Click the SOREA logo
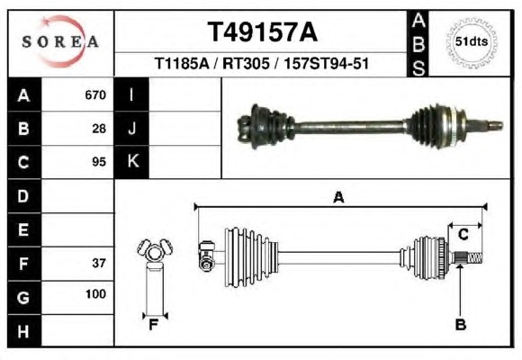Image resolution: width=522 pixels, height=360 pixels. coord(60,41)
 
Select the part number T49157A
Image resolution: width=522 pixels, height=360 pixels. coord(263,32)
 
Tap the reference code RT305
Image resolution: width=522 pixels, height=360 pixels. coord(246,63)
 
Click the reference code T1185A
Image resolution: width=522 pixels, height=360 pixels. coord(182,63)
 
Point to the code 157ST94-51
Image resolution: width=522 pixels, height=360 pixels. coord(326,63)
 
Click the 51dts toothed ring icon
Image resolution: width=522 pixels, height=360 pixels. coord(472,42)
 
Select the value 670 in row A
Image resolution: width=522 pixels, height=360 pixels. coord(95,95)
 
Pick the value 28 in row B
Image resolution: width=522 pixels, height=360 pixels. coord(99,129)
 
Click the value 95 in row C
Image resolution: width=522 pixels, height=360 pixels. coord(99,162)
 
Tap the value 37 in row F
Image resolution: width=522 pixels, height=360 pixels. coord(99,264)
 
